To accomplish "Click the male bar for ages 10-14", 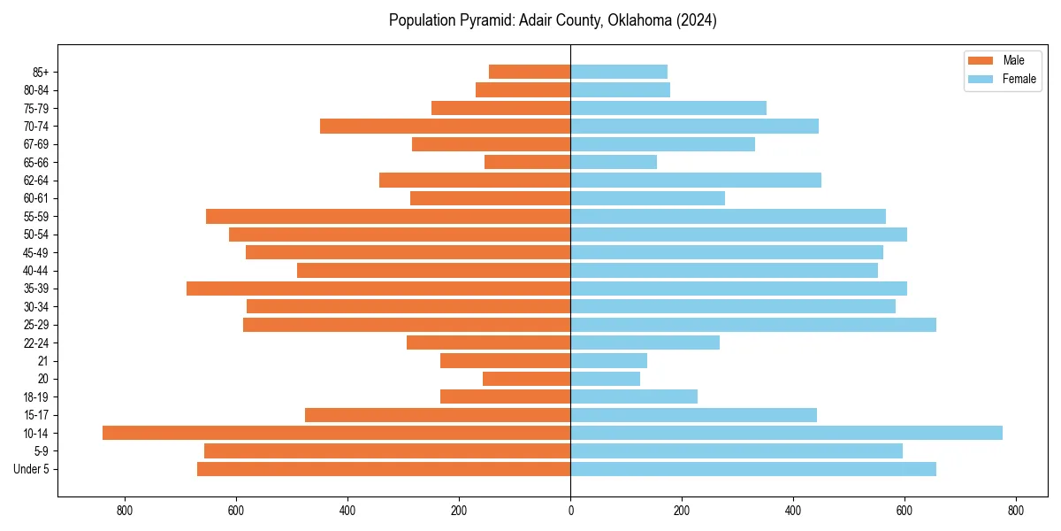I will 336,433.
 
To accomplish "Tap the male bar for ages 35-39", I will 378,289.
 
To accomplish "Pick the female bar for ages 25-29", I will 752,325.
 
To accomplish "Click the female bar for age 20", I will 605,379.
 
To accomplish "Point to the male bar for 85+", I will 530,72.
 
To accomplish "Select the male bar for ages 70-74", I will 445,126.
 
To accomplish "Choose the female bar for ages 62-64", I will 696,180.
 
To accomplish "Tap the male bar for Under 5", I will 384,469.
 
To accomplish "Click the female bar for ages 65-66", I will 614,162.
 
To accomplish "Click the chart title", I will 553,20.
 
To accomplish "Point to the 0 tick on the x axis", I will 570,511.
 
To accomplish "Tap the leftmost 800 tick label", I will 125,511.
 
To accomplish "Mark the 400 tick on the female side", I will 793,511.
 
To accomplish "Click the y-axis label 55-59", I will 36,216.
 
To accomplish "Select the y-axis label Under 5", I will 32,469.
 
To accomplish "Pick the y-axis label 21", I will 42,361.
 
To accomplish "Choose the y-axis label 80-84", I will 36,89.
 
